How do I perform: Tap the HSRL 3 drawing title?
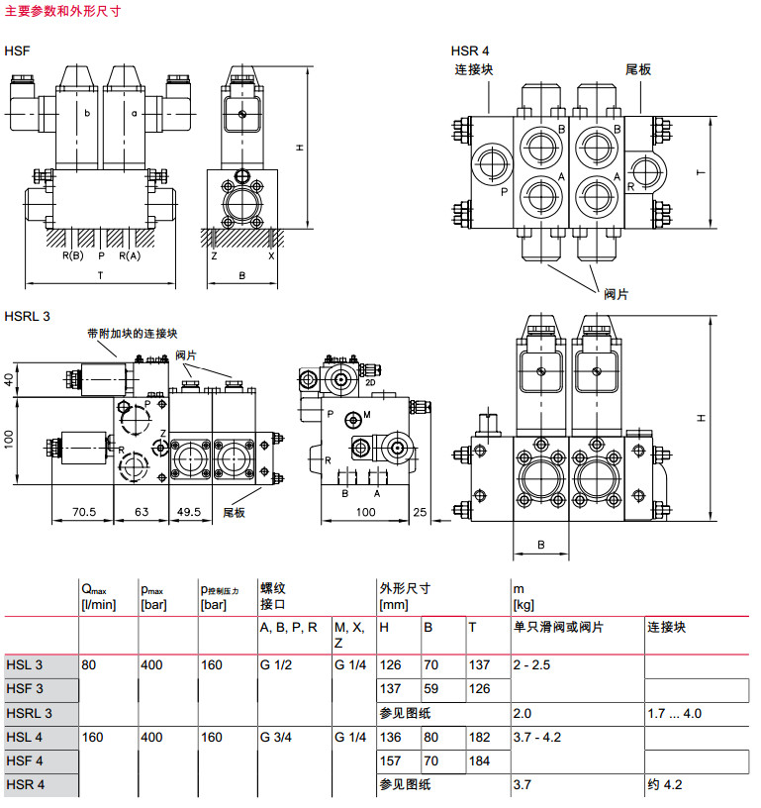pyautogui.click(x=28, y=317)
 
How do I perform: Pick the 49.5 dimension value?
pyautogui.click(x=188, y=512)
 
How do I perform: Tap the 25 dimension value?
pyautogui.click(x=421, y=512)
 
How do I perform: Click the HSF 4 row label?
pyautogui.click(x=25, y=761)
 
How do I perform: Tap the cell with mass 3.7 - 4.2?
pyautogui.click(x=539, y=737)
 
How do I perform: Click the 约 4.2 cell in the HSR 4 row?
pyautogui.click(x=665, y=785)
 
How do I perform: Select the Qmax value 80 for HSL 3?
pyautogui.click(x=89, y=664)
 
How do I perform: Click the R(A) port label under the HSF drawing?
pyautogui.click(x=130, y=255)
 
